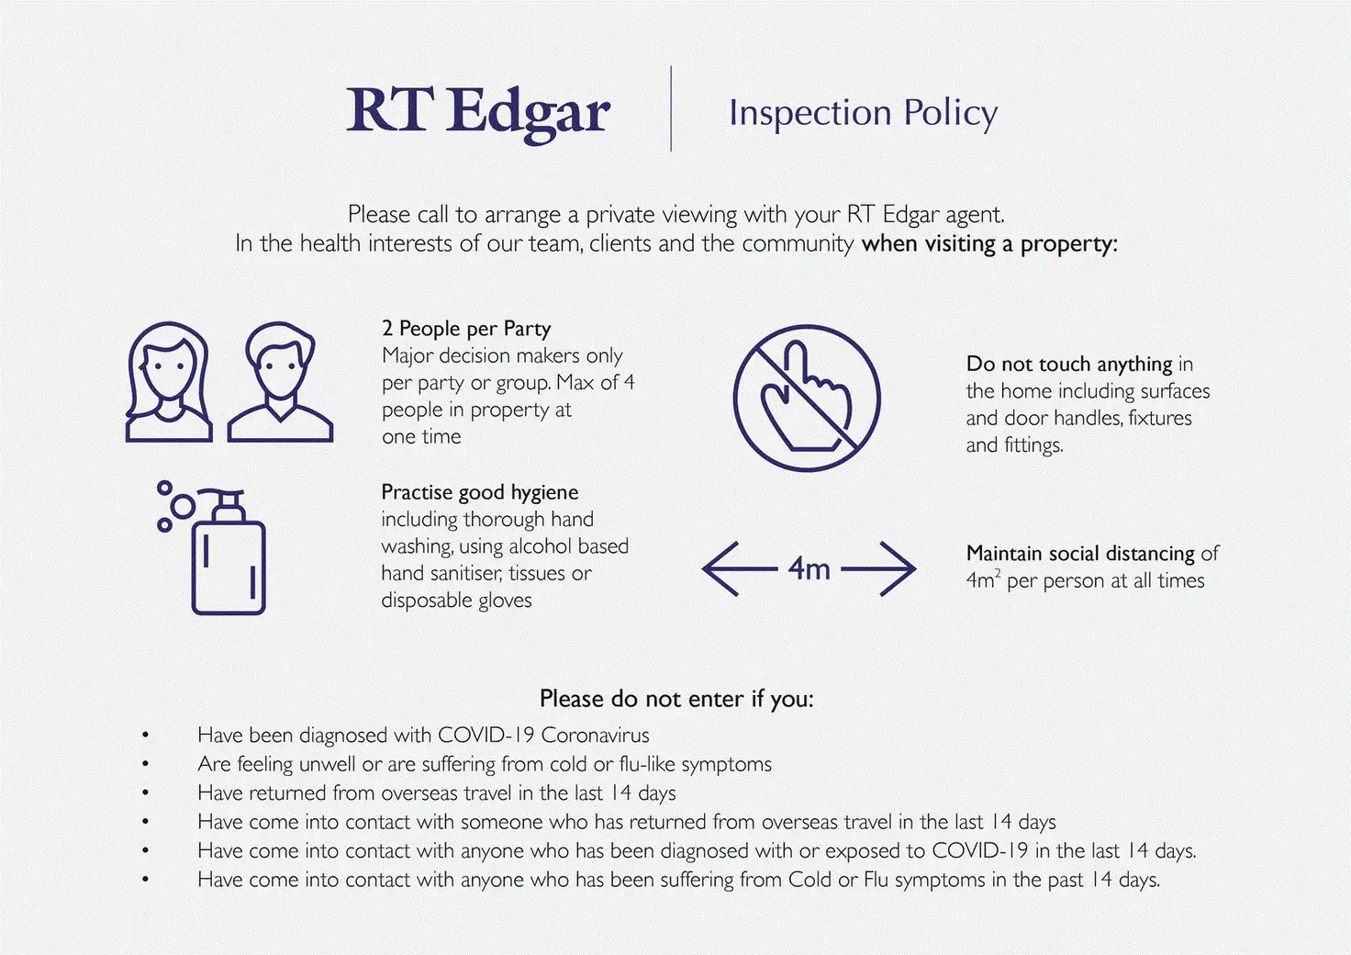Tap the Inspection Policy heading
[x=863, y=114]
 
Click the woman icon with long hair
[x=169, y=381]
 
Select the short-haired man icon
[x=281, y=381]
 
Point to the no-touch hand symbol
[x=807, y=399]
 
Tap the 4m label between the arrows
[x=809, y=569]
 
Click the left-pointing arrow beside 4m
[x=740, y=569]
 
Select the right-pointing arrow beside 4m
[x=878, y=569]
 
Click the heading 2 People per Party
[x=466, y=329]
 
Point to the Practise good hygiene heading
[x=479, y=493]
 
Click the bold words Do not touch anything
[x=1069, y=365]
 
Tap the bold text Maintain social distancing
[x=1080, y=554]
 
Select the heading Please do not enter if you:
[x=676, y=699]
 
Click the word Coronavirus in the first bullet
[x=596, y=736]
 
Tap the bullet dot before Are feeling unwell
[x=145, y=764]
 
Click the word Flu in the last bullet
[x=876, y=880]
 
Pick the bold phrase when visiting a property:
[x=989, y=244]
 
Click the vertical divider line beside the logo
[x=671, y=108]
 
